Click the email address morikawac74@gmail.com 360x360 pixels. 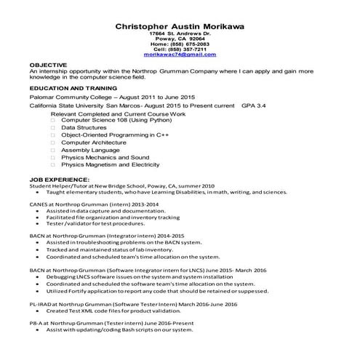tap(180, 55)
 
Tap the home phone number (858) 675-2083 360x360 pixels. tap(180, 44)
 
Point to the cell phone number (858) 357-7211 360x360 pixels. tap(180, 49)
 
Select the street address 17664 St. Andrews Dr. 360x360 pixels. tap(180, 33)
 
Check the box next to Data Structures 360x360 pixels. tap(53, 127)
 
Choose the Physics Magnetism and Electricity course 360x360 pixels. tap(108, 165)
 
